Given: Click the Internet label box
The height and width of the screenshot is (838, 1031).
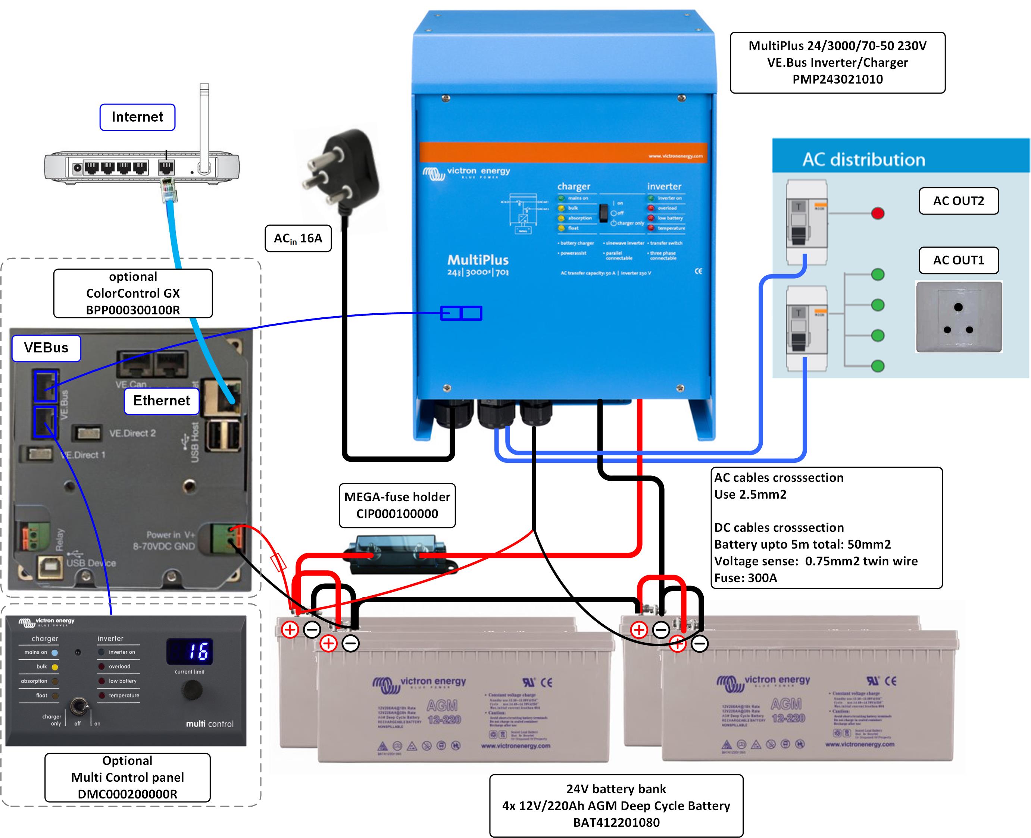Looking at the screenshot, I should pyautogui.click(x=137, y=117).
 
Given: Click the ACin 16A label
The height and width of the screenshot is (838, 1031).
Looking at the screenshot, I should pyautogui.click(x=298, y=238).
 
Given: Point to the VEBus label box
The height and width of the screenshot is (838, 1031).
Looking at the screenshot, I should pyautogui.click(x=46, y=348).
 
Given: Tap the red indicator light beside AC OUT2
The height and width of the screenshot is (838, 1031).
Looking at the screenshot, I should pyautogui.click(x=877, y=213).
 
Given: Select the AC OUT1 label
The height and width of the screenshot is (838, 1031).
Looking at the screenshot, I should pyautogui.click(x=958, y=261).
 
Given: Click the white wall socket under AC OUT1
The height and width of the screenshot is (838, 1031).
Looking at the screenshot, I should pyautogui.click(x=959, y=317).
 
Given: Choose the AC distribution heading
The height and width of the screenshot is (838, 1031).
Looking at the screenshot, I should pyautogui.click(x=863, y=160).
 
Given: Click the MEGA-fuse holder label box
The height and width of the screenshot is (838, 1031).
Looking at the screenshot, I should pyautogui.click(x=397, y=505).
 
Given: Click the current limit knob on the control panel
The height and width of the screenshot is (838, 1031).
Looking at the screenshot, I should pyautogui.click(x=192, y=690).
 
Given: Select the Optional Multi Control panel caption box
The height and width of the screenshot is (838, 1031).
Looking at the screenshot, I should pyautogui.click(x=128, y=777).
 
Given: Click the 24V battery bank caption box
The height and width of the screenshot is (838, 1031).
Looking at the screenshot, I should pyautogui.click(x=616, y=805).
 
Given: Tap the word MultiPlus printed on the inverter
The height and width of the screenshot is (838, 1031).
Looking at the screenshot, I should pyautogui.click(x=478, y=260).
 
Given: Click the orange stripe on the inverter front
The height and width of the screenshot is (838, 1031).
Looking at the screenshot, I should pyautogui.click(x=563, y=152).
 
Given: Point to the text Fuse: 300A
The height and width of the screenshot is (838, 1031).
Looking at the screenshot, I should pyautogui.click(x=746, y=578).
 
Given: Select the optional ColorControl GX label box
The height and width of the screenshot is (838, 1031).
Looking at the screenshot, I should pyautogui.click(x=133, y=294).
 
